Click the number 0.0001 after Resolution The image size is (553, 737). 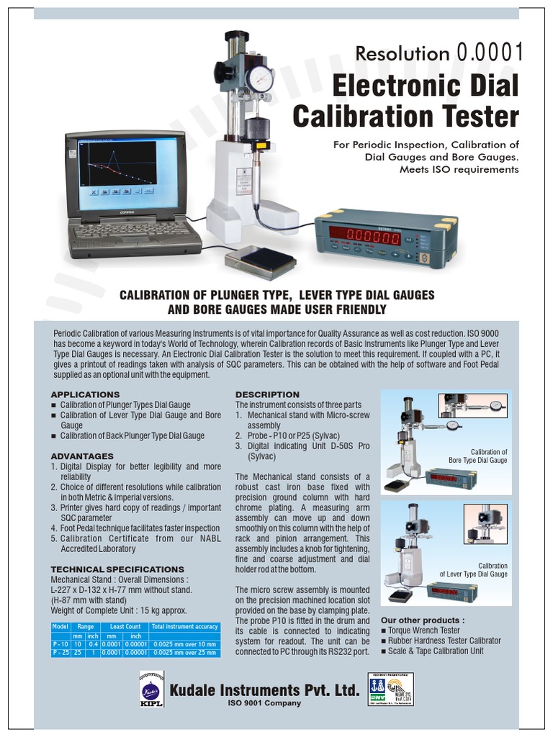pos(490,52)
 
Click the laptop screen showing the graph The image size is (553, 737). pos(117,170)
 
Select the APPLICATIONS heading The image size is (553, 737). pos(85,394)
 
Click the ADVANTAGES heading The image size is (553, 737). pos(82,456)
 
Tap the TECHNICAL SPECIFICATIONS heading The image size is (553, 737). pos(117,569)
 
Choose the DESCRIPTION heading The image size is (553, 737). pos(267,394)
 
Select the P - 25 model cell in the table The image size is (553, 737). pos(60,652)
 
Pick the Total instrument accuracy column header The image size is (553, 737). pos(184,627)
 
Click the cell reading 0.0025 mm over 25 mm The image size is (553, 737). pos(184,652)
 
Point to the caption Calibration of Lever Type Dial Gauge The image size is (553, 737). pos(474,570)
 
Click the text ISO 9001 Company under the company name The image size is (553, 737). pos(264,703)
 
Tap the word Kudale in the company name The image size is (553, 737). pos(194,689)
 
